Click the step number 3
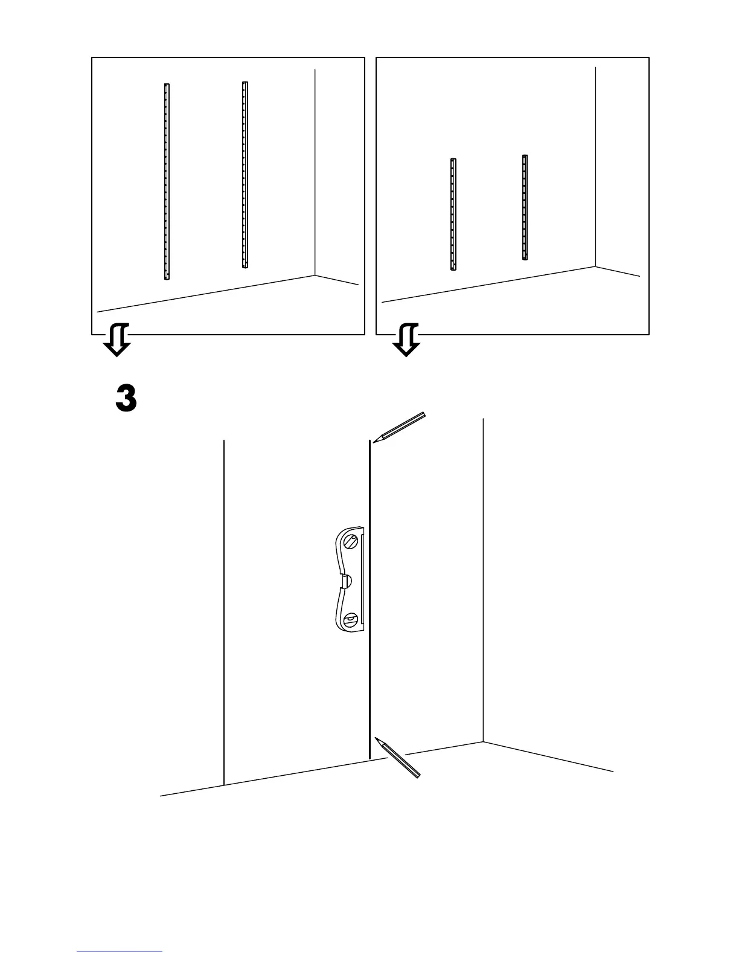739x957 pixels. coord(126,399)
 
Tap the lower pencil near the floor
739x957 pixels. coord(398,757)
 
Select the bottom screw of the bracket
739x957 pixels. coord(351,620)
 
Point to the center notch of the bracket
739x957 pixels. coord(346,581)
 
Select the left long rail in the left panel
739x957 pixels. coord(167,181)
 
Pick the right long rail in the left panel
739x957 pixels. coord(245,175)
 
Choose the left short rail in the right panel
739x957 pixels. coord(453,214)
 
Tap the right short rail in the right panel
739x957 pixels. coord(525,208)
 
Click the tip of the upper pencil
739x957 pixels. coord(374,442)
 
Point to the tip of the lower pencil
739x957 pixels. coord(376,738)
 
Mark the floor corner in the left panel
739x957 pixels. coord(315,275)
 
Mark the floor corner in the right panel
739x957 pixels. coord(596,266)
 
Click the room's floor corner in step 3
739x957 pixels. coord(483,742)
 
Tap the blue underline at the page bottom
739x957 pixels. coord(120,952)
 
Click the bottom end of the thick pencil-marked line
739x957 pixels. coord(369,758)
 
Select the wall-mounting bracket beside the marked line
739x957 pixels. coord(350,580)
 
